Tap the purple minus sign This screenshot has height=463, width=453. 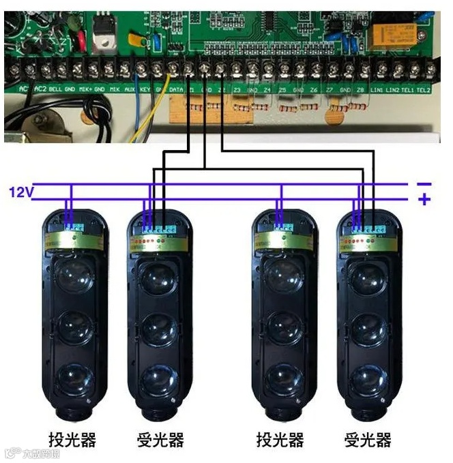pos(424,183)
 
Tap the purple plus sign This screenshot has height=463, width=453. pos(424,200)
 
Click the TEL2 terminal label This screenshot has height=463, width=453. pos(424,90)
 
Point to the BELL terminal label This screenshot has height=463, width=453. pos(56,89)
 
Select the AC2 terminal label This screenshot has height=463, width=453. pos(40,89)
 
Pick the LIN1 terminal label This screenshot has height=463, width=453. pos(376,90)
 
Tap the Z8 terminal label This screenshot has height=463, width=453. pos(360,90)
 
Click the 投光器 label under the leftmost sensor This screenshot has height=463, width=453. pos(72,439)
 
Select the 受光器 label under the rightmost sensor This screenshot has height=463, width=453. pos(368,439)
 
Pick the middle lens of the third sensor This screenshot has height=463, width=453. pos(282,327)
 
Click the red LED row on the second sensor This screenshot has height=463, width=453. pos(150,242)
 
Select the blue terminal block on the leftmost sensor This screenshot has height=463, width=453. pos(74,226)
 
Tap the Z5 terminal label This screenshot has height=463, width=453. pos(283,90)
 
